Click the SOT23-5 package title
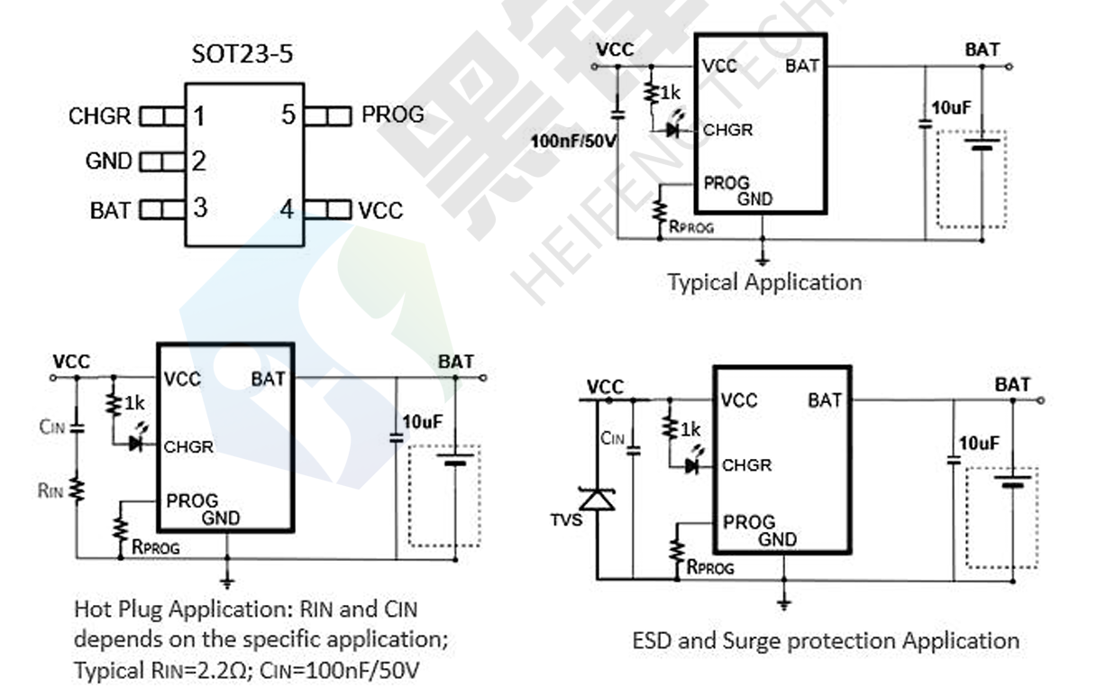tap(242, 54)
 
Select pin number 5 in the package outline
tap(288, 115)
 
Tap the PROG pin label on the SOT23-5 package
tap(392, 115)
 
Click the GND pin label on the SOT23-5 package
tap(108, 162)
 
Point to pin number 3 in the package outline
tap(199, 208)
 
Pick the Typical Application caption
tap(764, 282)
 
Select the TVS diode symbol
tap(597, 497)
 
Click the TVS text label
tap(567, 521)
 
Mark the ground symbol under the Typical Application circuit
tap(763, 259)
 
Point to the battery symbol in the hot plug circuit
tap(455, 461)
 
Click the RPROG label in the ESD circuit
tap(710, 568)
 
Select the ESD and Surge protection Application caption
tap(826, 641)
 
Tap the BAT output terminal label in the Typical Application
tap(983, 50)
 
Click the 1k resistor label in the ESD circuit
tap(690, 431)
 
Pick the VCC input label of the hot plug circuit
tap(71, 362)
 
